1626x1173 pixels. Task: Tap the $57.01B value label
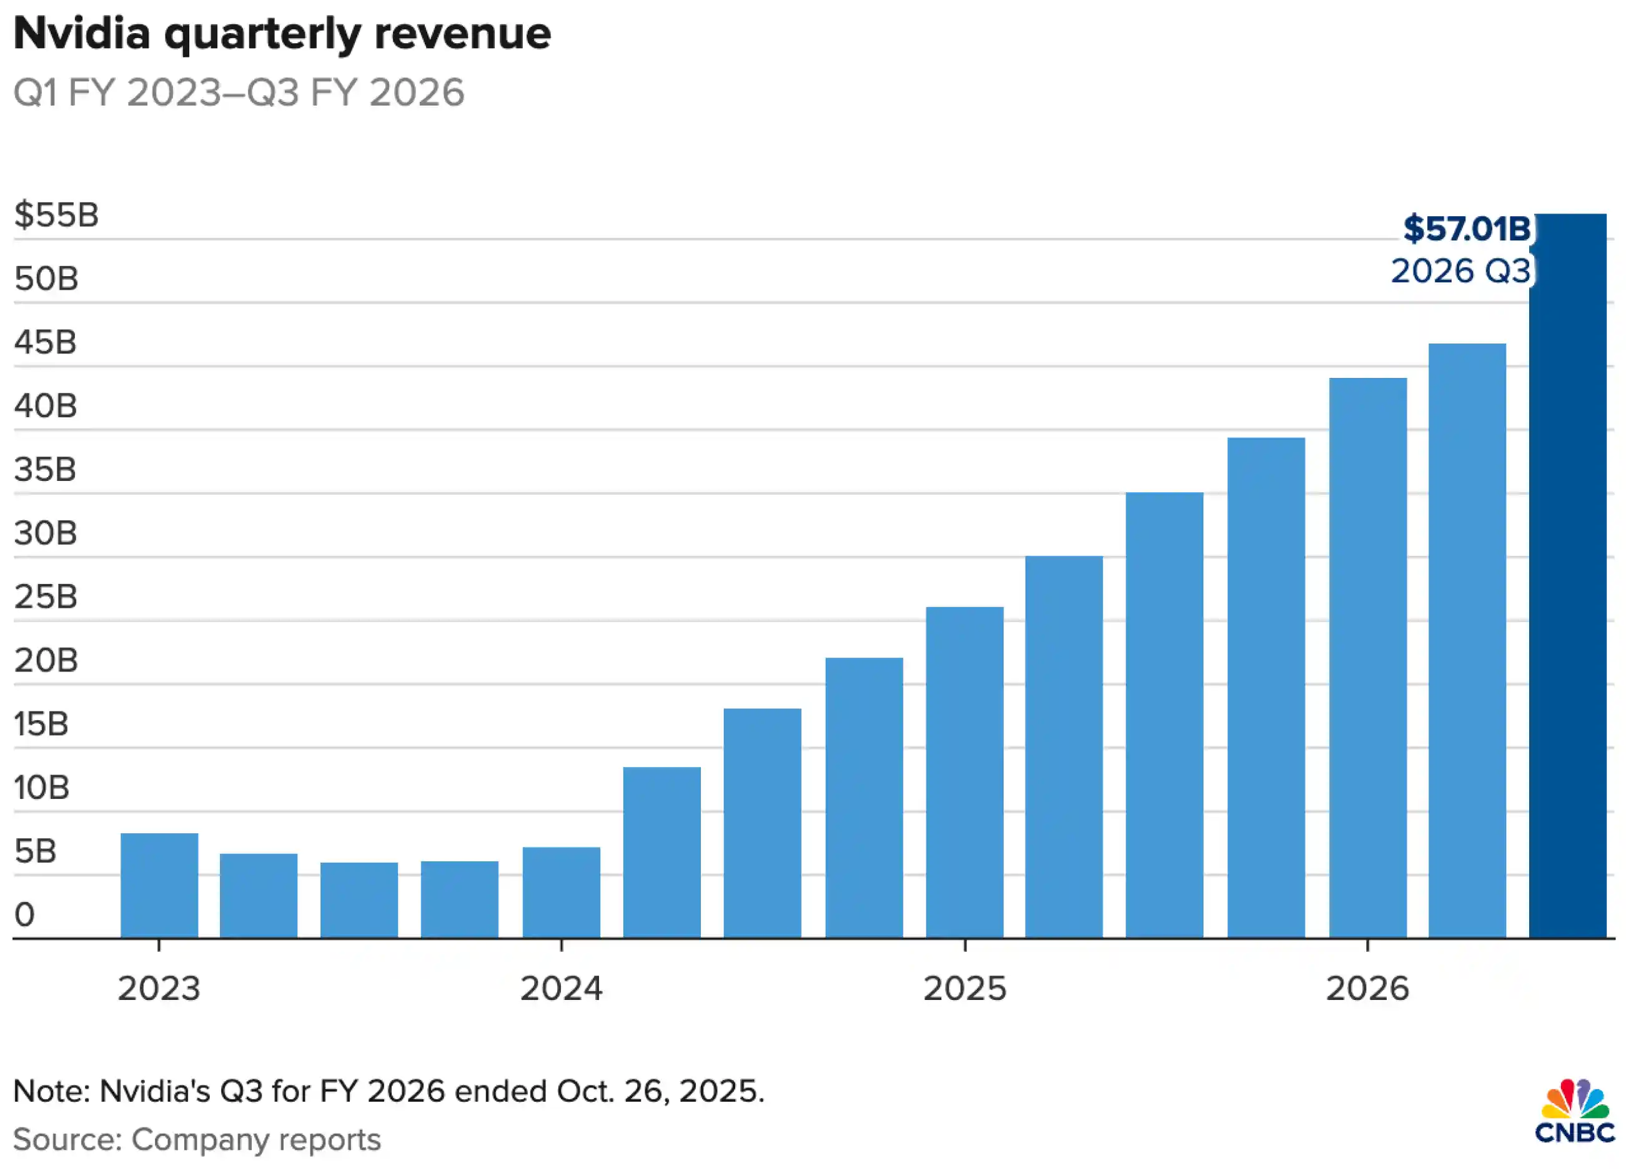click(1466, 229)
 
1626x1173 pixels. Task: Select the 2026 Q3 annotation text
click(1460, 271)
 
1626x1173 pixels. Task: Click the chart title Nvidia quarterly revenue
click(282, 33)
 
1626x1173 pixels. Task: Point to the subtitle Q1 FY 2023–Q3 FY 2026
click(239, 92)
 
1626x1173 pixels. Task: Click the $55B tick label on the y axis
click(56, 214)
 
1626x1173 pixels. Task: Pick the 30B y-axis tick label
click(45, 533)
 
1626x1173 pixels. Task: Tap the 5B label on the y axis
click(35, 851)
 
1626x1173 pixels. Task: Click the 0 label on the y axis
click(24, 915)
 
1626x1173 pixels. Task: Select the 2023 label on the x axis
click(159, 989)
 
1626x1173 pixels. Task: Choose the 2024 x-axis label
click(561, 989)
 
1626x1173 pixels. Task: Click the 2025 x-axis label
click(964, 989)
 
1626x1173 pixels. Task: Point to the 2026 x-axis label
click(1367, 989)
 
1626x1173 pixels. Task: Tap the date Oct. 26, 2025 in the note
click(660, 1091)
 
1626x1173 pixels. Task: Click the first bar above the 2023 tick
click(159, 885)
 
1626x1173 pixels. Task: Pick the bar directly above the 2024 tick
click(561, 892)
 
